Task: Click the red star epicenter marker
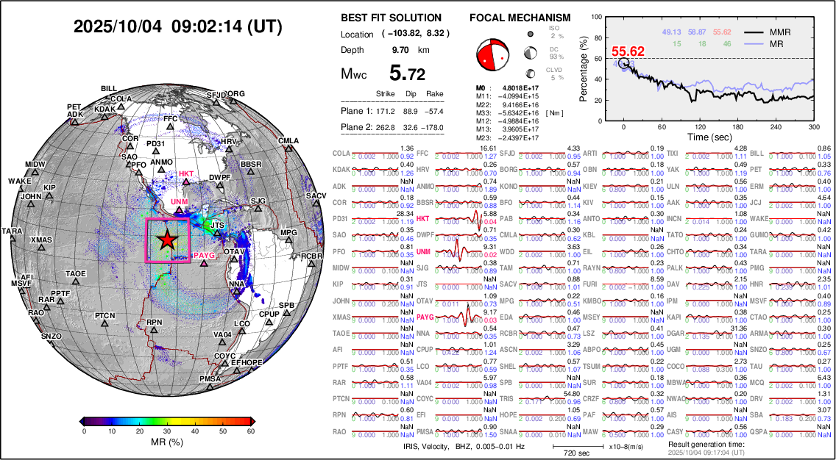[x=168, y=240]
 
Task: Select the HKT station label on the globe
[x=186, y=174]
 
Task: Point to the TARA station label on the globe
[x=12, y=231]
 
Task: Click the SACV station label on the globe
[x=316, y=196]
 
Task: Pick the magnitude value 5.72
[x=407, y=73]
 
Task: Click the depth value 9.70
[x=401, y=50]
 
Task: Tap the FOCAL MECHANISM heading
[x=520, y=18]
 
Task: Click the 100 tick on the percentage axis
[x=598, y=15]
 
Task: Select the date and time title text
[x=177, y=26]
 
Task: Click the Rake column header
[x=435, y=93]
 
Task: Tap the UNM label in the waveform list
[x=423, y=252]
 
